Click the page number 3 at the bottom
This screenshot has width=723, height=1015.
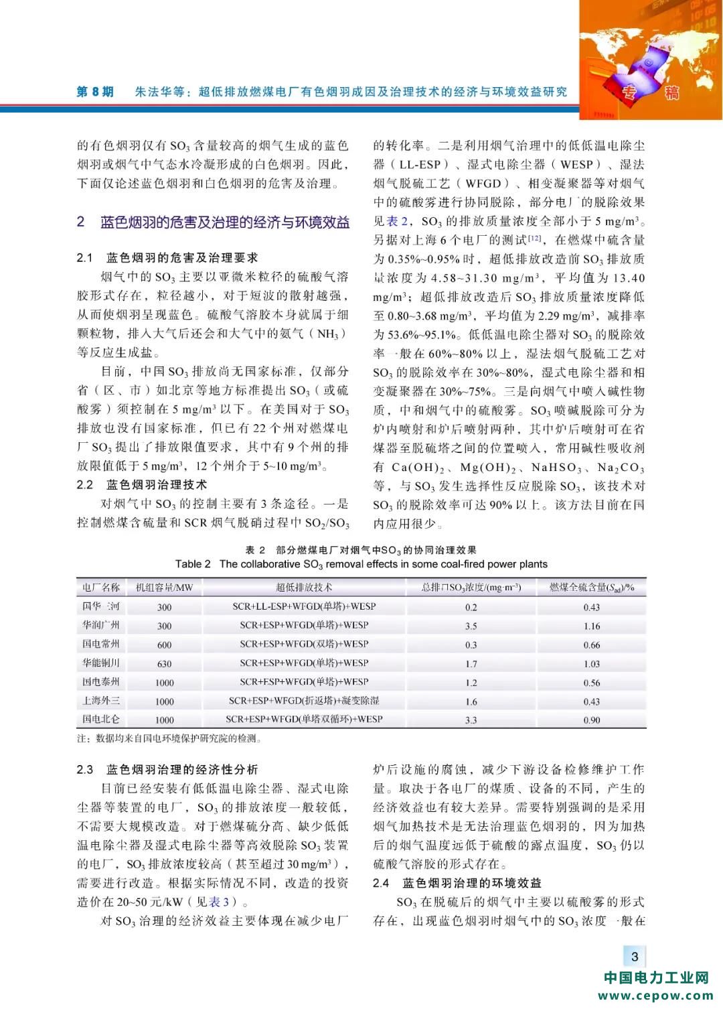click(635, 957)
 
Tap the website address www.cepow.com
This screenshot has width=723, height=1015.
click(655, 996)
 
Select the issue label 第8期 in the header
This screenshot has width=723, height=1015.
click(95, 92)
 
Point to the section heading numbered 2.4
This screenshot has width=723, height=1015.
click(457, 883)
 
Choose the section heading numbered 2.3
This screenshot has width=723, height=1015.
click(167, 770)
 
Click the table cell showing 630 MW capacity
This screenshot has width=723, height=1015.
click(164, 663)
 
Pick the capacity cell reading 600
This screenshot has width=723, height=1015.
click(164, 645)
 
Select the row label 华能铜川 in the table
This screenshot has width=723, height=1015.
click(101, 663)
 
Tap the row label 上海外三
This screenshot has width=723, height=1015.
click(101, 701)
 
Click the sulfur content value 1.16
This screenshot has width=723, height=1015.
click(591, 626)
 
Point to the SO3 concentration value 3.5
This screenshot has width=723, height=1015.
click(471, 626)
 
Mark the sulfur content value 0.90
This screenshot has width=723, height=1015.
click(591, 720)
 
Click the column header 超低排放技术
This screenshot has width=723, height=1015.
click(304, 588)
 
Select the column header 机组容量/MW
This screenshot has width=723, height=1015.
click(164, 588)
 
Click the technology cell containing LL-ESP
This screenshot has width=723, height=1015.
click(304, 606)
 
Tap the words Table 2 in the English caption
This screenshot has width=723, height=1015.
click(193, 564)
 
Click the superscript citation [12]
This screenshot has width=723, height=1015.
click(534, 238)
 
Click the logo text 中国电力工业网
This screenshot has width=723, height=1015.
click(655, 977)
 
